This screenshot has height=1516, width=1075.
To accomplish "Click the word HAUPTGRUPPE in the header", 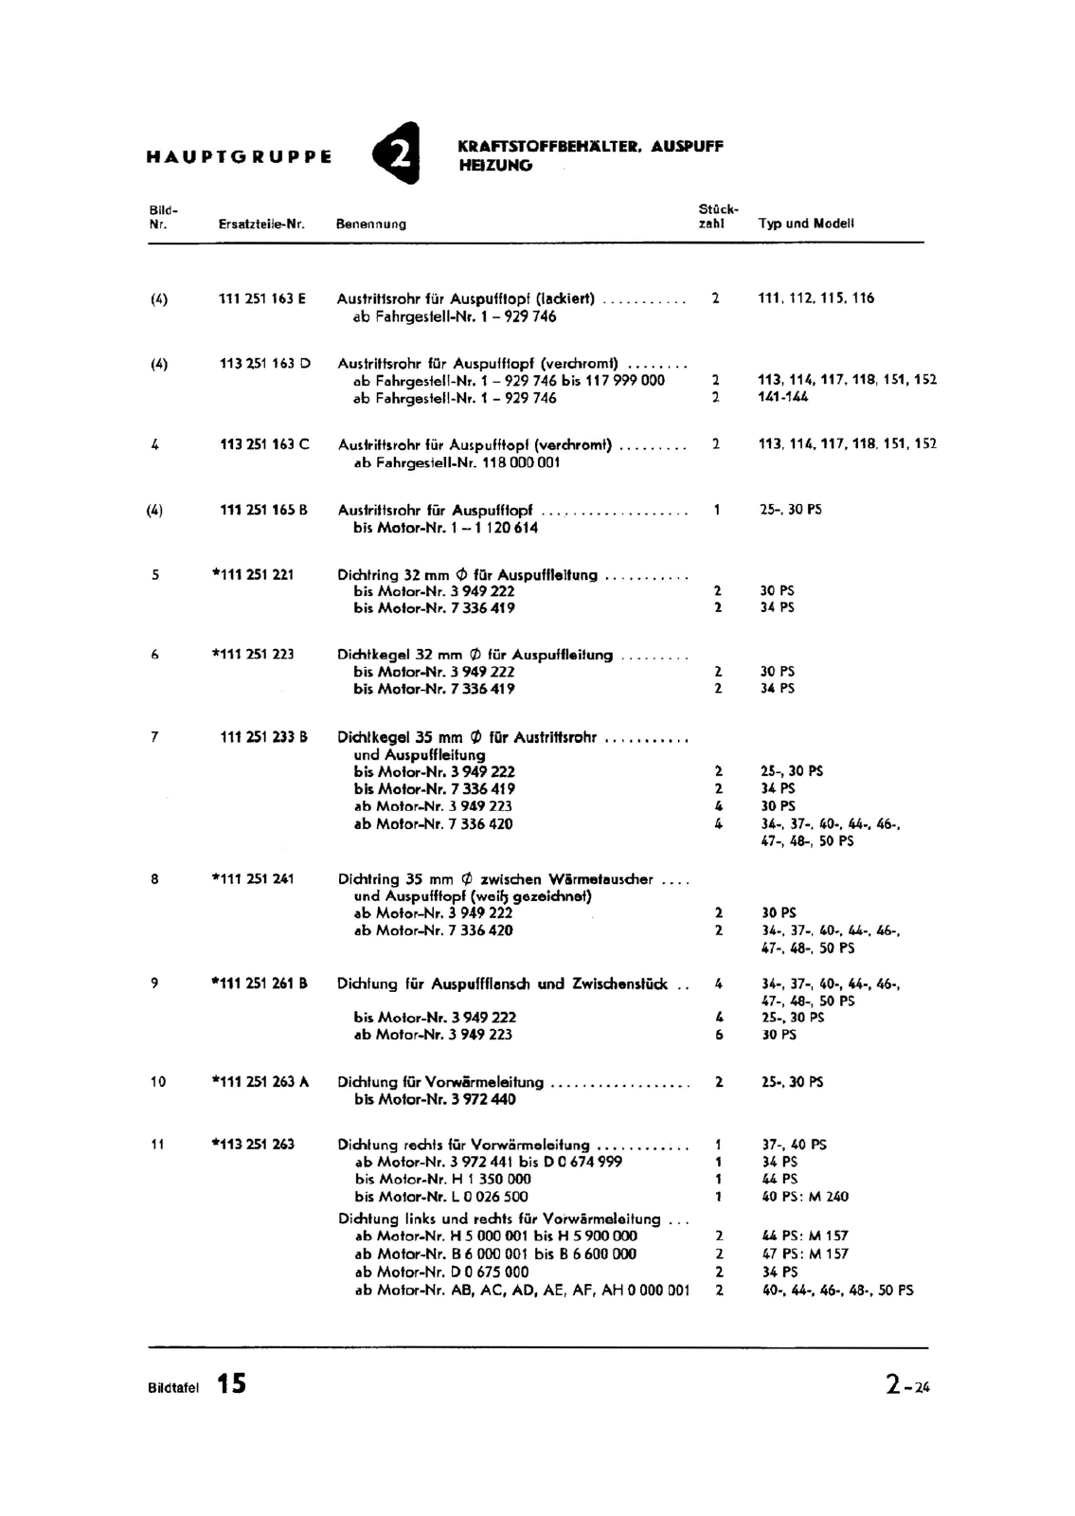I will click(x=239, y=156).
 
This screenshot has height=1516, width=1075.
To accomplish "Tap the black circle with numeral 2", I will click(x=398, y=153).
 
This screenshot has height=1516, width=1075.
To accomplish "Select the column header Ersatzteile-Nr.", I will click(x=261, y=225).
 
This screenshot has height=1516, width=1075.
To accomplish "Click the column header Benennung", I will click(x=371, y=225).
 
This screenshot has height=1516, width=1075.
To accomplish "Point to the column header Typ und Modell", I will click(x=806, y=224).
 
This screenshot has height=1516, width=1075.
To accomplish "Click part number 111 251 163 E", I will click(x=262, y=298).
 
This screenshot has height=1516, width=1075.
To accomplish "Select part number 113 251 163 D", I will click(x=264, y=363).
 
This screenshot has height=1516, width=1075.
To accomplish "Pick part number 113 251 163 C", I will click(x=264, y=444).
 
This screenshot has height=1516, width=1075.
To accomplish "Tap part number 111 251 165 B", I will click(x=263, y=510).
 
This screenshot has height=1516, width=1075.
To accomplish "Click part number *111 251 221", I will click(x=253, y=574).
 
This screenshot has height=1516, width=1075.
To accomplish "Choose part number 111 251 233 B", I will click(x=263, y=736).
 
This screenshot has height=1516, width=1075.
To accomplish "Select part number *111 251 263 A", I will click(x=260, y=1081).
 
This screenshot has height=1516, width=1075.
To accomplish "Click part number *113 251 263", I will click(x=253, y=1145).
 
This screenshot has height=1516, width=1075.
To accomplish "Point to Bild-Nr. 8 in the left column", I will click(x=154, y=878).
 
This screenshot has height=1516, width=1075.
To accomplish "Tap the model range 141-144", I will click(x=783, y=397).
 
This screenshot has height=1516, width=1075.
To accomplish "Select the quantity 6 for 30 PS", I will click(x=719, y=1035).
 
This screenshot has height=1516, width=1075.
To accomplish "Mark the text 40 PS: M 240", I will click(x=805, y=1197).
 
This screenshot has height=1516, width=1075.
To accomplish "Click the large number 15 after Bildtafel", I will click(x=231, y=1383).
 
